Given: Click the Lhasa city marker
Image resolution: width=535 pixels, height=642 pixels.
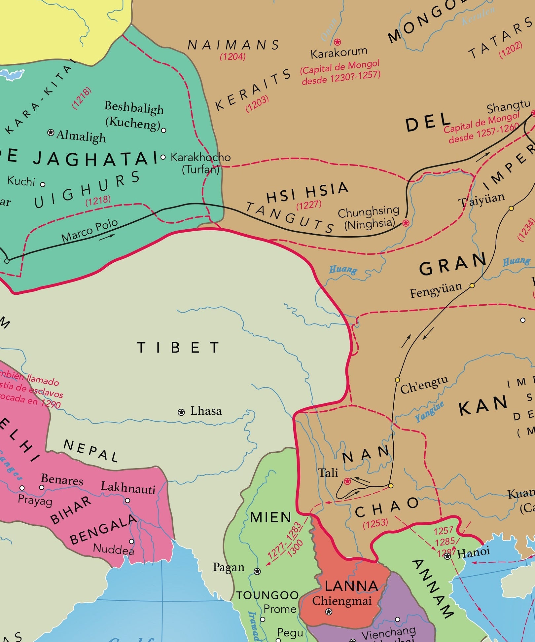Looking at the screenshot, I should click(181, 412).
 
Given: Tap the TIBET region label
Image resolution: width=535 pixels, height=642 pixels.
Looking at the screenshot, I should click(179, 348).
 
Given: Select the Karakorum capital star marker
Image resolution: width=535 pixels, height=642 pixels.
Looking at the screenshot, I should click(337, 42).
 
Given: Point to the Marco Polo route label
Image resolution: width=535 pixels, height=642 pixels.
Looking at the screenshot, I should click(89, 230).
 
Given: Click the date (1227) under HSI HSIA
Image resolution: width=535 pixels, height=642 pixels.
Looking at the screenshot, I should click(309, 205).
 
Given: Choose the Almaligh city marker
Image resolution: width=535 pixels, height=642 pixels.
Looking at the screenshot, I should click(51, 132).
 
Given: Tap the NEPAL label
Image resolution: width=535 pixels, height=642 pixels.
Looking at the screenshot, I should click(90, 451).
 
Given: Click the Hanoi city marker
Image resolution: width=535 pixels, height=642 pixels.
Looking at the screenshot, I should click(447, 556).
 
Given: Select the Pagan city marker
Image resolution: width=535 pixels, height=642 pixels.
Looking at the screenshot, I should click(257, 571).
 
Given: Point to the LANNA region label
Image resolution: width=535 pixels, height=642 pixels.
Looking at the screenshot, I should click(351, 586).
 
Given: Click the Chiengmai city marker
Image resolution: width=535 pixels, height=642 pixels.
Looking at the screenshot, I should click(329, 612).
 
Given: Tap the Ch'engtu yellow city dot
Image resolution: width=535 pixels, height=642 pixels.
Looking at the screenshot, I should click(398, 380).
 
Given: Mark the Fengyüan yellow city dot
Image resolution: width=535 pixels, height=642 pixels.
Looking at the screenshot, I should click(472, 285).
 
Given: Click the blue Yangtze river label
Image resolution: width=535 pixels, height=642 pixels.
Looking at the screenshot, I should click(429, 412).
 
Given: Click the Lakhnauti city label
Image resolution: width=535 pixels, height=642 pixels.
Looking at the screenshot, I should click(128, 487).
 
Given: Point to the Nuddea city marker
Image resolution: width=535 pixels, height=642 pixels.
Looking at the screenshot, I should click(131, 541).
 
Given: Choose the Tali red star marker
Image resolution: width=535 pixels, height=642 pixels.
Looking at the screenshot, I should click(347, 481).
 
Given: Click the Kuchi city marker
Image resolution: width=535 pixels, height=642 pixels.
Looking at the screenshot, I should click(43, 184).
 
